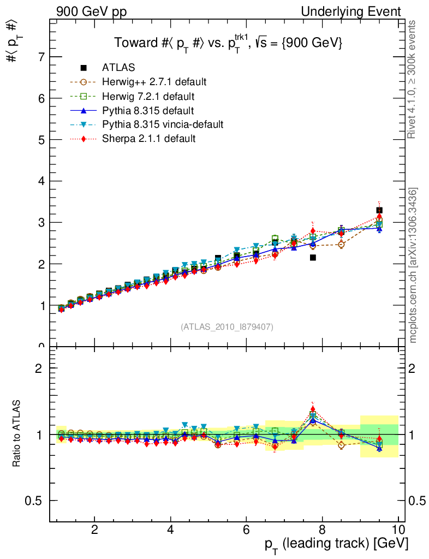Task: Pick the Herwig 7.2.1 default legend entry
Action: point(148,96)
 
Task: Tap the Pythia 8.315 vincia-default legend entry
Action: point(163,124)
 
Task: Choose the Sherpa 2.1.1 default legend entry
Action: point(148,139)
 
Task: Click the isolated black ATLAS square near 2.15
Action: point(313,257)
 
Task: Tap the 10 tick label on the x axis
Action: point(397,530)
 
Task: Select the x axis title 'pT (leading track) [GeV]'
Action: point(336,544)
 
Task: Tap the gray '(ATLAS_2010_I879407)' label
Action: point(227,327)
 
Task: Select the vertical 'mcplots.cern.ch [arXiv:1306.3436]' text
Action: point(414,265)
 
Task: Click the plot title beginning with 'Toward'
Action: point(228,43)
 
